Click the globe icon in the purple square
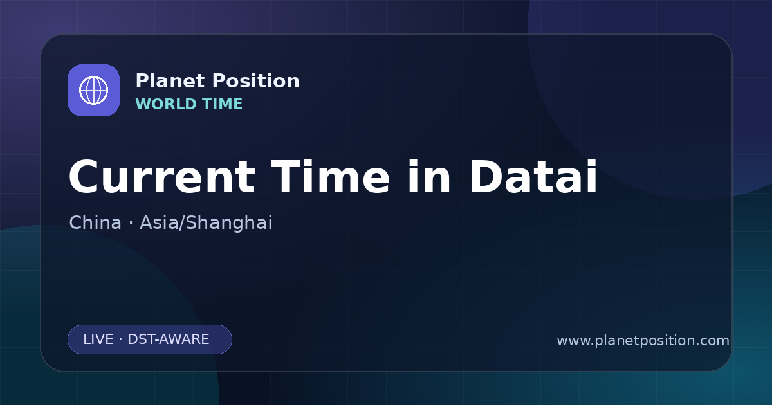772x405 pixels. [x=93, y=90]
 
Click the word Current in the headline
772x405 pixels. [x=162, y=177]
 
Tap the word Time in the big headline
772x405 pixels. [x=330, y=176]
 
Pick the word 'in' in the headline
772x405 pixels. [x=428, y=176]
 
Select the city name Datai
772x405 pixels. [x=533, y=176]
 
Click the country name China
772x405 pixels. [x=95, y=222]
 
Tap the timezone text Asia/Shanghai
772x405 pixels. [x=206, y=223]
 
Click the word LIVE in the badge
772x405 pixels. [x=98, y=339]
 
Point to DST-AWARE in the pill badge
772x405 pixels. [x=168, y=339]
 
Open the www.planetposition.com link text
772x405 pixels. [x=643, y=341]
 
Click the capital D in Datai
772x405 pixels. [x=486, y=177]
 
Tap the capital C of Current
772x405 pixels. [x=84, y=177]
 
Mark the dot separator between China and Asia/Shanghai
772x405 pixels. [x=131, y=223]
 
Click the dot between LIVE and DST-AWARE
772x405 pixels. [x=120, y=339]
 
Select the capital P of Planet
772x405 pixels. [x=142, y=81]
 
